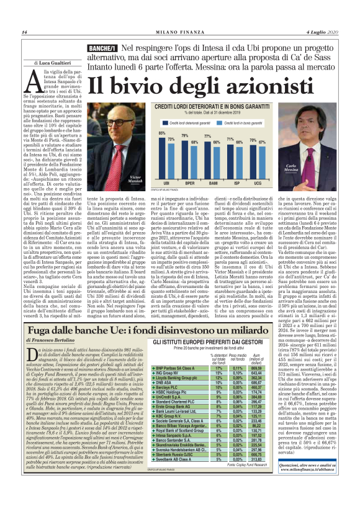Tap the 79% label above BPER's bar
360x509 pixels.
[x=184, y=135]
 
